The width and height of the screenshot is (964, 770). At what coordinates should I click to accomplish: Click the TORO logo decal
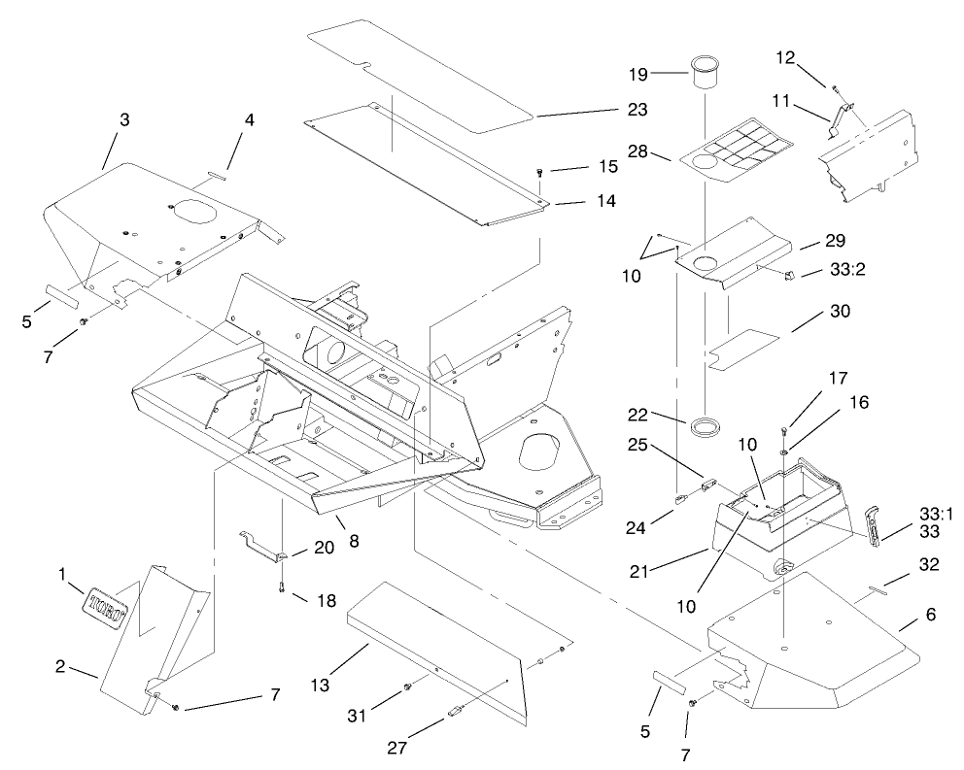tap(105, 603)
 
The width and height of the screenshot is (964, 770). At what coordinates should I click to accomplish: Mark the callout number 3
tap(124, 118)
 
